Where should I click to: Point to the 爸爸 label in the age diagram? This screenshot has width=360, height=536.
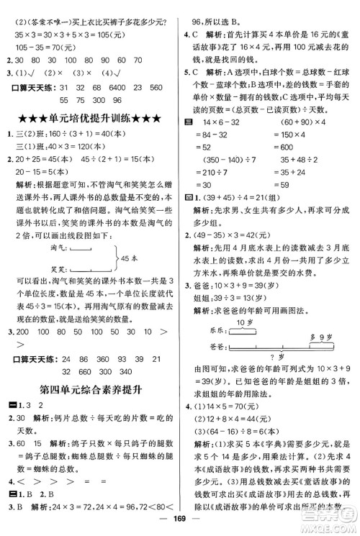click(215, 345)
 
